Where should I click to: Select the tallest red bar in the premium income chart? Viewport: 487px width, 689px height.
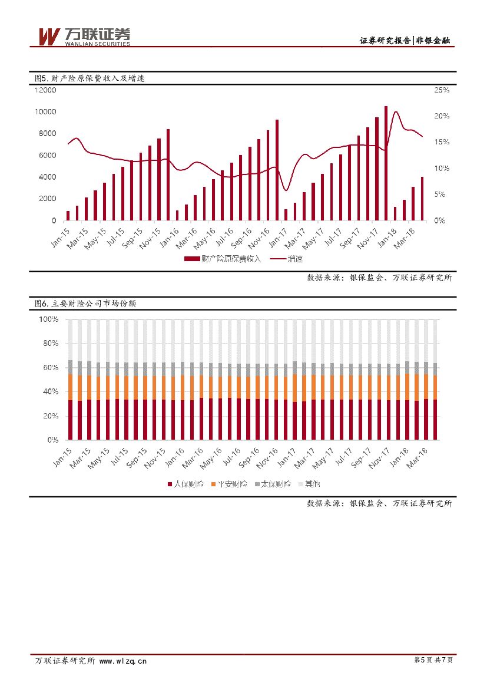click(386, 163)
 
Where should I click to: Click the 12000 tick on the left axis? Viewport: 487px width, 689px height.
click(45, 90)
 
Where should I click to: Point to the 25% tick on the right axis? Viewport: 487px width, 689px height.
click(442, 90)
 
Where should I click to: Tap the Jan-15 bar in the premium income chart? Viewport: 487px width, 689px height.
click(68, 216)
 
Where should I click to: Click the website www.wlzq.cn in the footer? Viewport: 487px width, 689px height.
click(123, 661)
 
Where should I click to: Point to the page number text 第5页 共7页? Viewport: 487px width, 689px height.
click(434, 661)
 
